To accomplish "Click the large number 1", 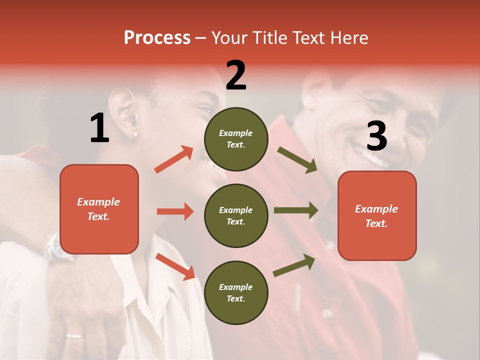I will pos(99,128).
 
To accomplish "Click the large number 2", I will pos(236,76).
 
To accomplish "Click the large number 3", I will pos(376,136).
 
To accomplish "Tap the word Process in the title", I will pos(157,37).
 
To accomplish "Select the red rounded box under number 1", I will pos(99,209).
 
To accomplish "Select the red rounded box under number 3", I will pos(377,215).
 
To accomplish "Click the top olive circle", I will pos(236,139).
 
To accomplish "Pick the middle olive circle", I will pos(236,215).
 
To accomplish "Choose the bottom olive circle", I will pos(236,292).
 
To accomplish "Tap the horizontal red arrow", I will pos(175,211).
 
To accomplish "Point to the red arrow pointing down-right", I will pos(175,266).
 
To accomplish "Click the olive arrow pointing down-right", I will pos(297,160).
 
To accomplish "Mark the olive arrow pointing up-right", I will pos(294,265).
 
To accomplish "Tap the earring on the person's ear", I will pos(135,134).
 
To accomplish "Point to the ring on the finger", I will pos(74,336).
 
